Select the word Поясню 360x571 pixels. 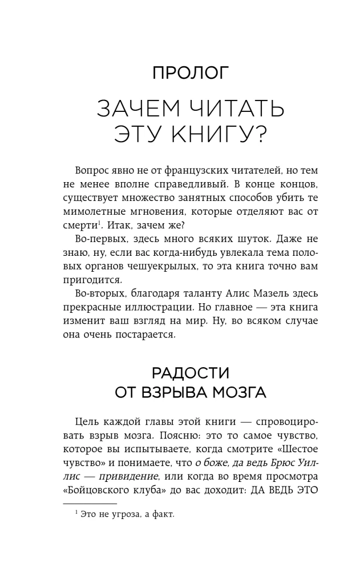coord(160,436)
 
